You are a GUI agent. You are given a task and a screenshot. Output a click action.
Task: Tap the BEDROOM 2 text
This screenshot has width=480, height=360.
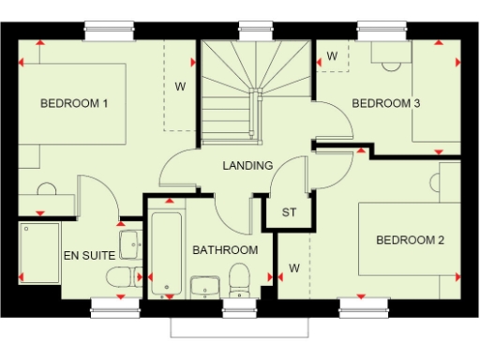pyautogui.click(x=410, y=240)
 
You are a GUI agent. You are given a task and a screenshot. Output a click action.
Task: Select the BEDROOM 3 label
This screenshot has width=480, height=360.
pyautogui.click(x=385, y=103)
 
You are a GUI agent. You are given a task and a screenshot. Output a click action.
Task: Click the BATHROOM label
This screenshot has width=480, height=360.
pyautogui.click(x=225, y=250)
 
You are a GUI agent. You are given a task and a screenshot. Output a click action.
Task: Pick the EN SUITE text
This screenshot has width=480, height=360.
pyautogui.click(x=89, y=254)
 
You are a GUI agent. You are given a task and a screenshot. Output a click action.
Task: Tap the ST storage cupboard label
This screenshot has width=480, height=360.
pyautogui.click(x=289, y=213)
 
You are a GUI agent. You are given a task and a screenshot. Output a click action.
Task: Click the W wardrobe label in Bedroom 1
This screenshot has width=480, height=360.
pyautogui.click(x=180, y=87)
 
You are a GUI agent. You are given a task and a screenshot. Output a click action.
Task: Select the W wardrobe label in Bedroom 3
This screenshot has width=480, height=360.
pyautogui.click(x=332, y=56)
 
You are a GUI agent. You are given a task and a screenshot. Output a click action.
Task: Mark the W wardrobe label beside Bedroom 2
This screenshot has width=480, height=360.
pyautogui.click(x=293, y=268)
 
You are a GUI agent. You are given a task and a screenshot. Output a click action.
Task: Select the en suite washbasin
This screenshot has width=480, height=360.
pyautogui.click(x=130, y=246)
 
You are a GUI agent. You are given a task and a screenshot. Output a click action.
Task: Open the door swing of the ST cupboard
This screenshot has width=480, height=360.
pyautogui.click(x=294, y=178)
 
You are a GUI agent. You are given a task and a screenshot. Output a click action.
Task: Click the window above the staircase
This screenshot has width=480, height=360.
pyautogui.click(x=250, y=30)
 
